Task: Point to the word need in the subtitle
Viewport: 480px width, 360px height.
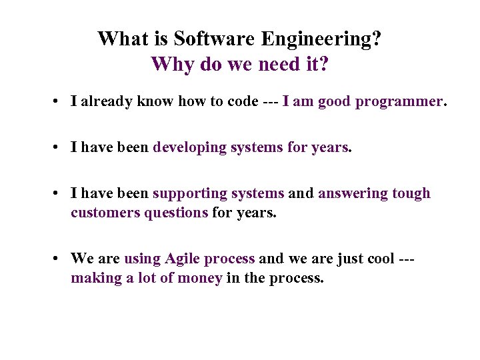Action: pos(272,65)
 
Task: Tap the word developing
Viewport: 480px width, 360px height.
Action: pos(190,147)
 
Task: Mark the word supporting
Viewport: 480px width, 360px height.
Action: pos(190,193)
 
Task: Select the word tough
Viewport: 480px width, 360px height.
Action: pos(412,193)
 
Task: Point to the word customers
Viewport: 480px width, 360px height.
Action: pos(105,213)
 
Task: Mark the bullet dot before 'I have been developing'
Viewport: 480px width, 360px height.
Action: pos(59,148)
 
